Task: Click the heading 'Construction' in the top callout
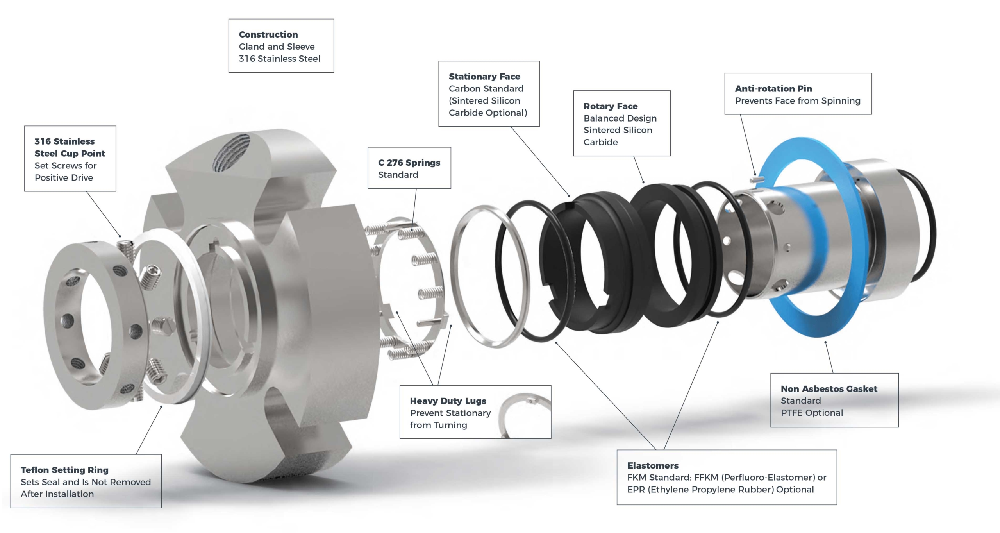point(268,34)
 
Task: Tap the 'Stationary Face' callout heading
point(484,77)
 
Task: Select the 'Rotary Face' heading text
point(610,106)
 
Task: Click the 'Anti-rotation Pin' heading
point(773,89)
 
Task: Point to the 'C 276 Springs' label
point(409,163)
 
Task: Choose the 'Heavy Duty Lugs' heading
point(448,401)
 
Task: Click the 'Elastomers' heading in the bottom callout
point(652,465)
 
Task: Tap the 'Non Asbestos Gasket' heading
point(829,389)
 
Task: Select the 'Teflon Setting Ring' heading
point(64,470)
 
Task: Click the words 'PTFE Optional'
point(811,413)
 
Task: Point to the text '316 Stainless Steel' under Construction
point(279,59)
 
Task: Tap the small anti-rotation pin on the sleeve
point(757,179)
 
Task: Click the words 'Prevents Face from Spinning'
point(797,101)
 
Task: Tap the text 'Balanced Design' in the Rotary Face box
point(620,118)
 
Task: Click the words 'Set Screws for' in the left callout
point(65,166)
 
